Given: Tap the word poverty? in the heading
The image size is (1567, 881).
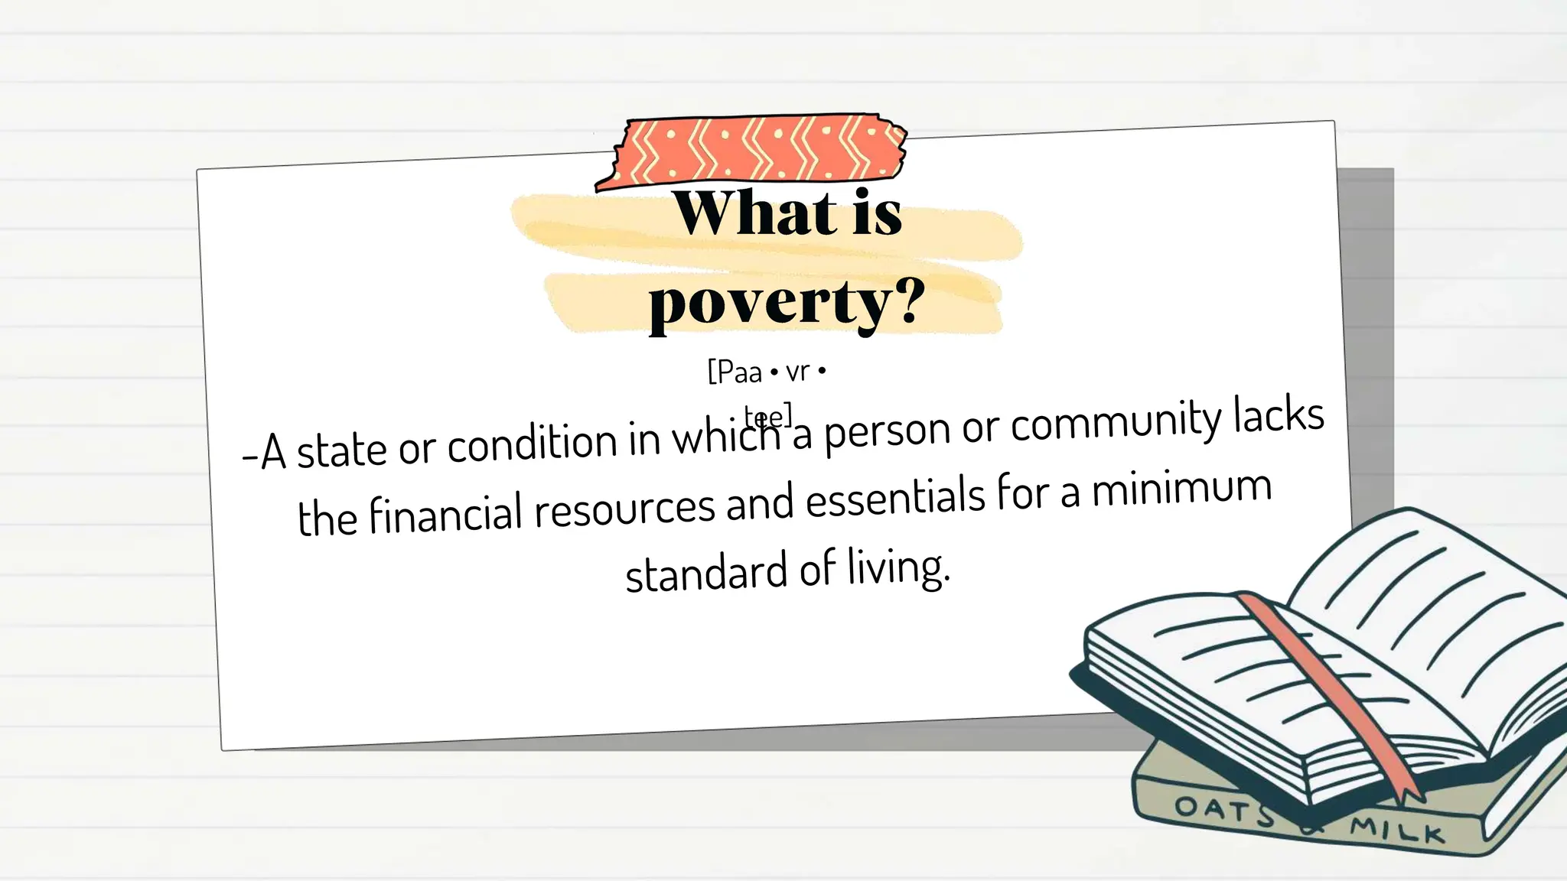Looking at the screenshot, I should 787,303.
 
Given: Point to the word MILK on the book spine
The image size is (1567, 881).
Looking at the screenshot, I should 1397,831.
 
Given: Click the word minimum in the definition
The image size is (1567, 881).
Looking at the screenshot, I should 1181,489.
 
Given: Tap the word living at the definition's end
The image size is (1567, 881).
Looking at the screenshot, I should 898,568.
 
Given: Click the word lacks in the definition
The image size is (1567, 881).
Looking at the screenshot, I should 1279,415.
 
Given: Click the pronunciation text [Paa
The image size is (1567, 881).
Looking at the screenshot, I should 735,372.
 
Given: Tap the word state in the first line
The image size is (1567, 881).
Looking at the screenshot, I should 341,450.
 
